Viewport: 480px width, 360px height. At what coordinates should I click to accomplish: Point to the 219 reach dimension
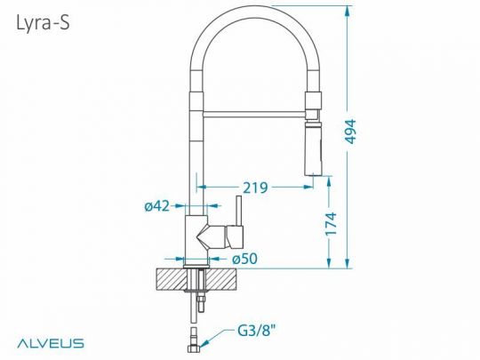click(x=256, y=188)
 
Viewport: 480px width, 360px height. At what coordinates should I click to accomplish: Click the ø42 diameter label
click(x=156, y=207)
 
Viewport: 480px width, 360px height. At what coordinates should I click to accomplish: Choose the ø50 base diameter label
click(x=245, y=258)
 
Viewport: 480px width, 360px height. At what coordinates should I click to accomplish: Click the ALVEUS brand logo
click(x=50, y=341)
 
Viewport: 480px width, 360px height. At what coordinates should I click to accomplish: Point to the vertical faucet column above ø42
click(x=196, y=151)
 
